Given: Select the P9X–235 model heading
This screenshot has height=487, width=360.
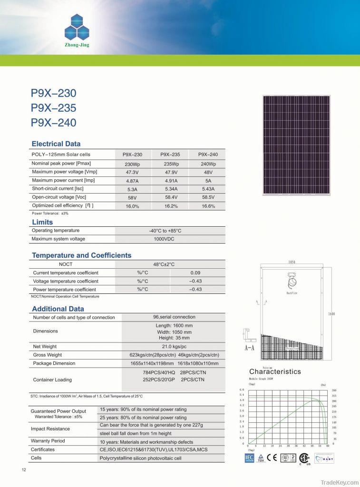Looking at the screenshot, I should tap(53, 108).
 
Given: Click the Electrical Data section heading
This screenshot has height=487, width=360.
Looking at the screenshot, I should tap(56, 144).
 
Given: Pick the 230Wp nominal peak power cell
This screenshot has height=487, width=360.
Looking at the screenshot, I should tap(132, 164).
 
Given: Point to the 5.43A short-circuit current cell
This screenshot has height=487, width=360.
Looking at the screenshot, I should tap(208, 189).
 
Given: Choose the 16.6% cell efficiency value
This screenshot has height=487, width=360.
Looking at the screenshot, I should tap(208, 206).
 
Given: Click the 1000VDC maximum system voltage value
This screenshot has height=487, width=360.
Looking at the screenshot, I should tap(165, 239).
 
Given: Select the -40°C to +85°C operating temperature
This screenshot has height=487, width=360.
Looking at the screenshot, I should tap(165, 231).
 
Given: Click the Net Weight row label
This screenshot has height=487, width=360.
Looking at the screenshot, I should tap(45, 346).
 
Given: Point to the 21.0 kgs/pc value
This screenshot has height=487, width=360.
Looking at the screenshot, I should tap(175, 346).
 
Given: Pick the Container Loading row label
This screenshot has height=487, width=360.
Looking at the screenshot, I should tap(52, 380).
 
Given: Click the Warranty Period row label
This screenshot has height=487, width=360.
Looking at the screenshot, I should tap(48, 441).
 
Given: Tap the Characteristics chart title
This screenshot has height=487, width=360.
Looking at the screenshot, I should tap(275, 371).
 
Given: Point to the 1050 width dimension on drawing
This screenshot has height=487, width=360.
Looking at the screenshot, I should tap(292, 262).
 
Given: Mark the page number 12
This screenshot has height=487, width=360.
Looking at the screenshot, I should tap(24, 470).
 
